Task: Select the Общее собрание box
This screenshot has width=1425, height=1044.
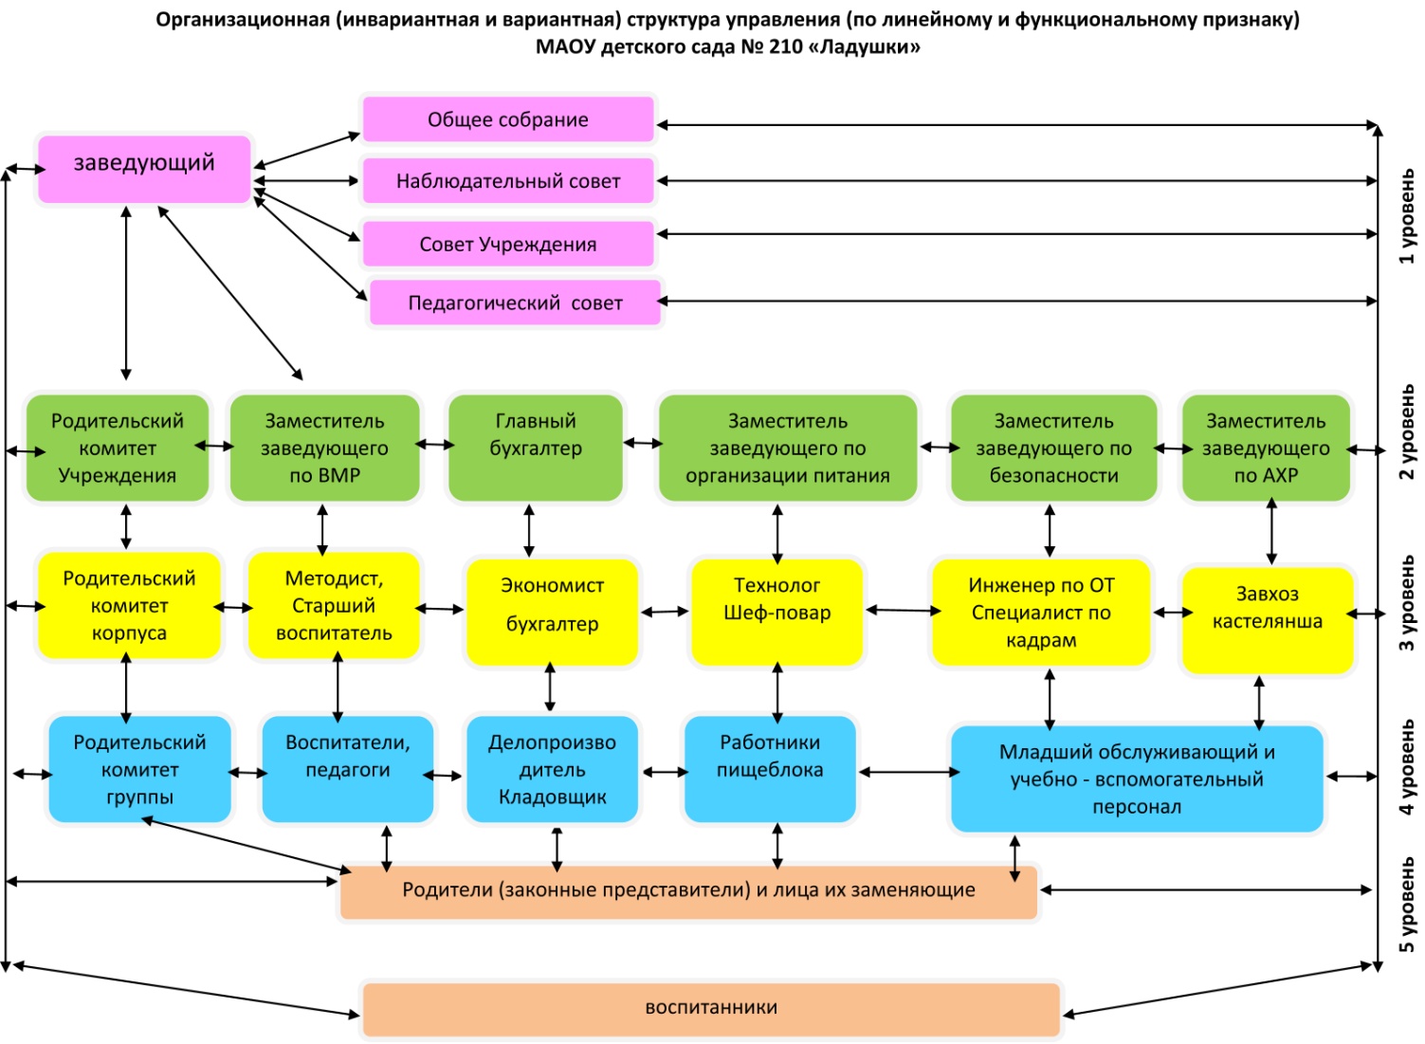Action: click(x=508, y=119)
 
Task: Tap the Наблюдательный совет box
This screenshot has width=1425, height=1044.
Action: click(x=508, y=181)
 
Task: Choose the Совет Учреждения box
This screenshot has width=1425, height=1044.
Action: click(x=508, y=244)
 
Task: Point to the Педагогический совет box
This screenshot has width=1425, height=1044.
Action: click(x=515, y=302)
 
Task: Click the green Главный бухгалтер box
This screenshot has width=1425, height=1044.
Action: click(x=536, y=448)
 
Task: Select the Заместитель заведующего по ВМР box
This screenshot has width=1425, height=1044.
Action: click(x=324, y=448)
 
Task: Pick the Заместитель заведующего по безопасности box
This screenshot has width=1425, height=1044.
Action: click(x=1053, y=448)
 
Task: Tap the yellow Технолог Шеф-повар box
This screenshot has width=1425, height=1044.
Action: click(x=776, y=612)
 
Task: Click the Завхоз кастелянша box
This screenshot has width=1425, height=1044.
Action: click(x=1267, y=619)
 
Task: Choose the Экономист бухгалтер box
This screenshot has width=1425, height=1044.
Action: click(x=552, y=612)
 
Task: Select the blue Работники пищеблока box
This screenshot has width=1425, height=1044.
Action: click(x=770, y=768)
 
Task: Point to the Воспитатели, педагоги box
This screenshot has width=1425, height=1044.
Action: click(x=347, y=768)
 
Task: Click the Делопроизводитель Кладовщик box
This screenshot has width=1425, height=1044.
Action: click(x=552, y=768)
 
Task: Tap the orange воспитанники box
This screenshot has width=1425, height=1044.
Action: click(x=711, y=1008)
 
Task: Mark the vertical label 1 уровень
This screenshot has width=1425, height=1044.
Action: click(x=1407, y=216)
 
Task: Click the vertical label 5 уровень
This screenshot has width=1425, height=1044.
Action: click(x=1407, y=906)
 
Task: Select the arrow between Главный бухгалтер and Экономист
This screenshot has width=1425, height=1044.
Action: click(x=529, y=530)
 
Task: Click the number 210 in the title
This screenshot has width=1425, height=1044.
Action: click(x=786, y=46)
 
